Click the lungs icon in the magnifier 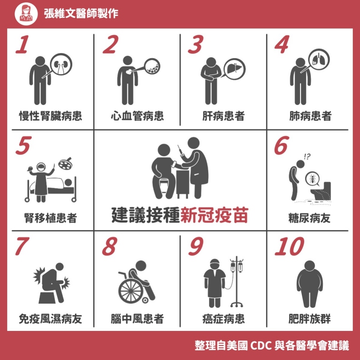tap(319, 59)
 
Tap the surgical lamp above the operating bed tap(67, 161)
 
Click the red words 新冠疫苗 tap(214, 215)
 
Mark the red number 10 tap(289, 247)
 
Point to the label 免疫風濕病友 tap(50, 319)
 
